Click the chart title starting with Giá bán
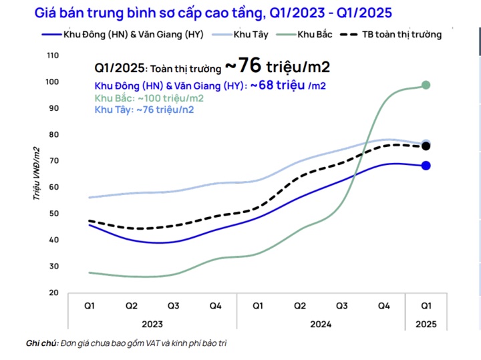click(212, 13)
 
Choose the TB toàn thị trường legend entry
click(393, 35)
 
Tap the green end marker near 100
click(426, 85)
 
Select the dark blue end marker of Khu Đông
click(426, 166)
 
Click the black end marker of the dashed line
click(426, 146)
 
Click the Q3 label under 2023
click(173, 305)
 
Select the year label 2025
click(426, 323)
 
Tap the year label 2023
click(152, 323)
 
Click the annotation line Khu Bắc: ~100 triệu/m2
click(149, 98)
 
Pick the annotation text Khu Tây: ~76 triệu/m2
click(144, 110)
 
